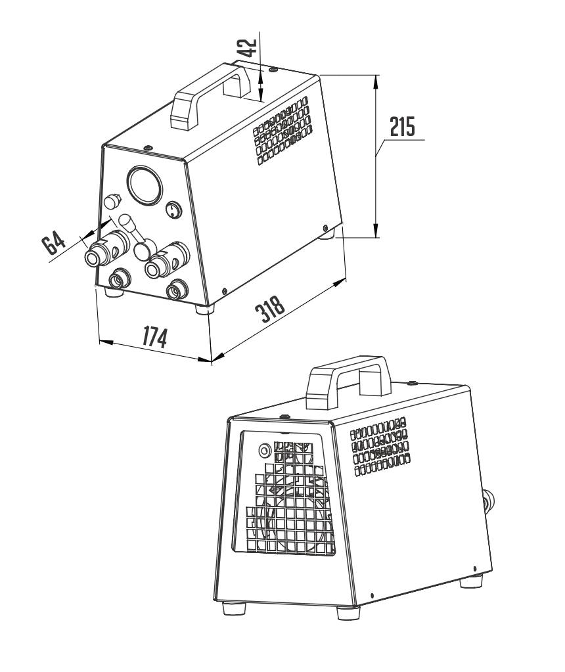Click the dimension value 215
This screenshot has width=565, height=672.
[402, 127]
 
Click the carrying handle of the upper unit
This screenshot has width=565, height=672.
[210, 93]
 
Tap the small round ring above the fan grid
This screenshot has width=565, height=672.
[264, 451]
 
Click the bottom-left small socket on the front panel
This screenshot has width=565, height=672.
[119, 280]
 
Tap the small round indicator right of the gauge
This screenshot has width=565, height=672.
[172, 210]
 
